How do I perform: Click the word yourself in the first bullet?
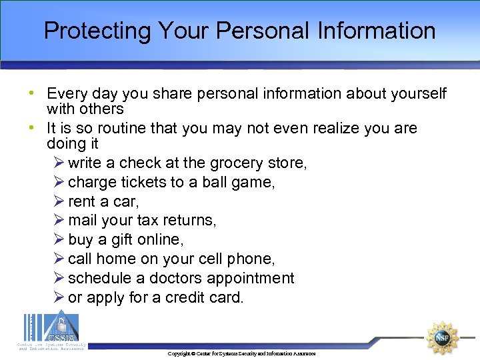click(x=415, y=94)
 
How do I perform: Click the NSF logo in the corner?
click(x=442, y=337)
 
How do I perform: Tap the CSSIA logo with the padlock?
click(x=51, y=329)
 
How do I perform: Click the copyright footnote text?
click(x=241, y=353)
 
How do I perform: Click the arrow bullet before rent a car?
click(x=58, y=201)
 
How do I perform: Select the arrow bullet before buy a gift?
click(x=58, y=239)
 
